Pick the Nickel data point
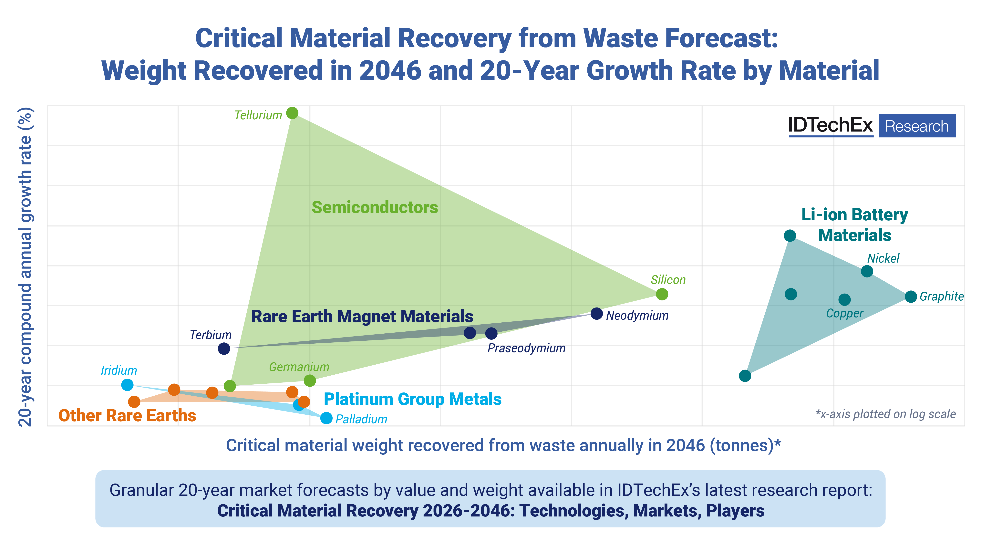(x=867, y=271)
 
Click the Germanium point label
(x=299, y=367)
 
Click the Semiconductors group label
(x=375, y=208)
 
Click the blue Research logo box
(x=917, y=126)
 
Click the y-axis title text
(x=26, y=267)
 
